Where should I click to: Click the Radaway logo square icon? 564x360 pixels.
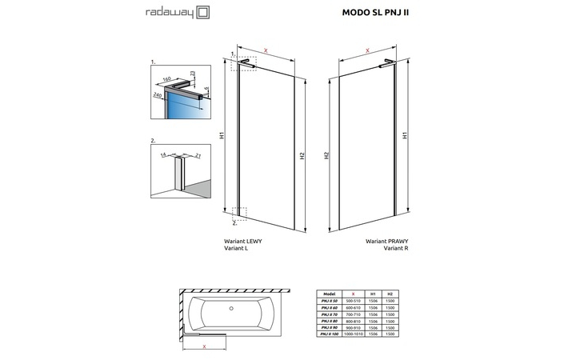pos(181,12)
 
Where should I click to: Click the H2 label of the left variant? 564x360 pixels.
pos(302,156)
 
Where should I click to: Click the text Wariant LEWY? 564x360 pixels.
pos(242,241)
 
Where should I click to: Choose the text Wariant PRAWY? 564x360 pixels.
pos(382,241)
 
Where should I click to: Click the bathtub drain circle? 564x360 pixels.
pos(231,307)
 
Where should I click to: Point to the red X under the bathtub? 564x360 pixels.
pos(206,347)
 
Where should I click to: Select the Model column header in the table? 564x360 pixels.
pos(329,294)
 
